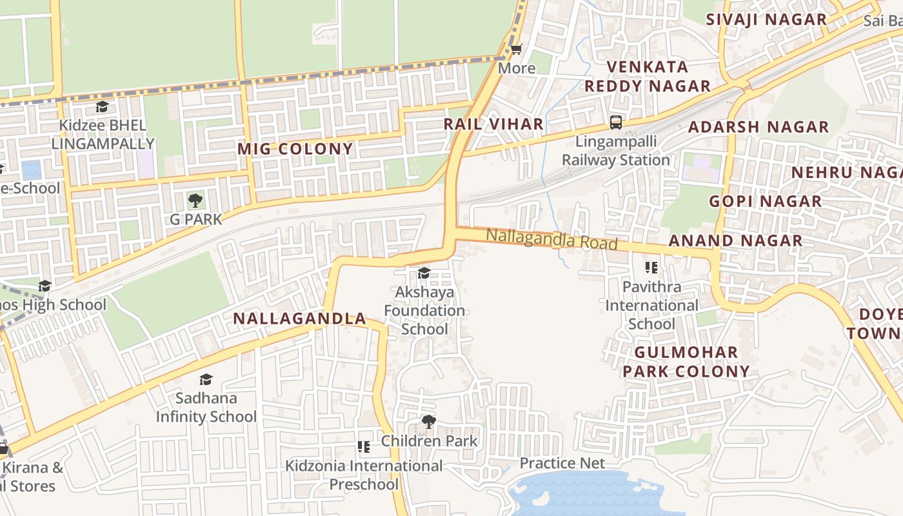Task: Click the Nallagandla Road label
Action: click(551, 239)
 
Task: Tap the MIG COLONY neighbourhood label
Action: click(295, 149)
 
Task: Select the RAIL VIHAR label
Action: click(493, 124)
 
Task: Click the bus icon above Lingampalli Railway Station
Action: click(616, 122)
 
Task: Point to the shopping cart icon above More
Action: click(516, 49)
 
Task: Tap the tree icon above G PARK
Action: click(195, 201)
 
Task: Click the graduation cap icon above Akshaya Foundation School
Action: click(424, 273)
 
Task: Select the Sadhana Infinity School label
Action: click(206, 407)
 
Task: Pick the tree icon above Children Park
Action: click(428, 422)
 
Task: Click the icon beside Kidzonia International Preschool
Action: click(364, 447)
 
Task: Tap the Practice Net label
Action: click(562, 463)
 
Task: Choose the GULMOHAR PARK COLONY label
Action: click(686, 362)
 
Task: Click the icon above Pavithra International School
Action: click(651, 267)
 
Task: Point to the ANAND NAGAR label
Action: click(735, 241)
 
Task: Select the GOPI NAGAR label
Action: click(766, 201)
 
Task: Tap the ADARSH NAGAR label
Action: click(759, 126)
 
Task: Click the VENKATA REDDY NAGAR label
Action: click(648, 76)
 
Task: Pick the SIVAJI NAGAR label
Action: click(766, 19)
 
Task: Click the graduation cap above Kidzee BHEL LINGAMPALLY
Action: click(102, 106)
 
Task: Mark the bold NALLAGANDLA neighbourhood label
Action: click(299, 319)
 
